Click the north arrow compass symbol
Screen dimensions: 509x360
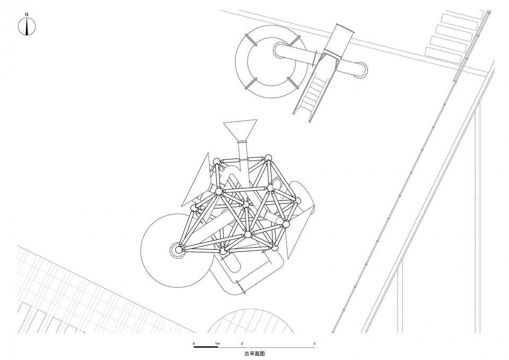[27, 27]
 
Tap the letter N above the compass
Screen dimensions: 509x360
[27, 14]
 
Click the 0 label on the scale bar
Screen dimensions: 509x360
[194, 344]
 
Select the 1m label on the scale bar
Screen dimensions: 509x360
[217, 344]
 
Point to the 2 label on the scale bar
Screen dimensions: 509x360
[242, 344]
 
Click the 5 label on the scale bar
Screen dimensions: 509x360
[314, 344]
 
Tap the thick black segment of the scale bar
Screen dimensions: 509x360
[206, 347]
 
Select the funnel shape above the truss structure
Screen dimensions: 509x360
[241, 131]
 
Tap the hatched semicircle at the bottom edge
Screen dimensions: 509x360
[250, 321]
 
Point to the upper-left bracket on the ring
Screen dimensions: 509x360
[251, 41]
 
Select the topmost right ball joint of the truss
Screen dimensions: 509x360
[267, 159]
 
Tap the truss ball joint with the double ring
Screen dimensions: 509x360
[178, 250]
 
